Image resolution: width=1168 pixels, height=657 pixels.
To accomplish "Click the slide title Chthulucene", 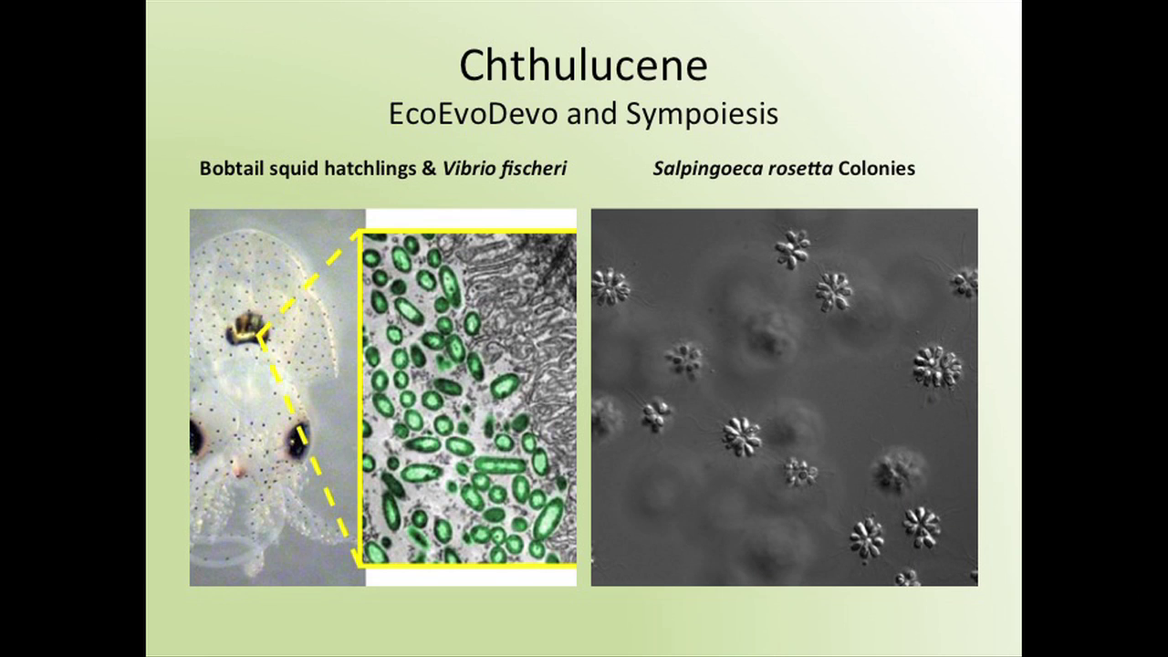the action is (583, 66).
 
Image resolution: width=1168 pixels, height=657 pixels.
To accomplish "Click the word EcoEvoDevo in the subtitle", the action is (474, 114).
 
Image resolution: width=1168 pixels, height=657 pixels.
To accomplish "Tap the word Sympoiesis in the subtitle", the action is (702, 115).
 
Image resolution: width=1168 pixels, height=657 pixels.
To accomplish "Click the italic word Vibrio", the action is (465, 169).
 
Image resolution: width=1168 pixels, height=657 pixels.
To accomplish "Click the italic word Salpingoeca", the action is (708, 169).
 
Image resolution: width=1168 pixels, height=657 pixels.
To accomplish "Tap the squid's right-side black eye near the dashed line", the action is (297, 439).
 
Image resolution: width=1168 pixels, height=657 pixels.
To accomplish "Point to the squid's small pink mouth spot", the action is (239, 470).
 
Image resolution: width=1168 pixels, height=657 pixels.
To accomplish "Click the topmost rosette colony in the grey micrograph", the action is (793, 249).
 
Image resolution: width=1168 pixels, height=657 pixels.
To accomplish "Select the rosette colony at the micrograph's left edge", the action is (610, 286).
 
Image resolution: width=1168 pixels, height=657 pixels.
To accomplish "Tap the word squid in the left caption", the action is (294, 169).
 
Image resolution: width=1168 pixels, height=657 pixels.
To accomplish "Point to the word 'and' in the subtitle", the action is (591, 114).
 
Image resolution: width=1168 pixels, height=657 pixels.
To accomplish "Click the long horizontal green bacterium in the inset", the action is (499, 465).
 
